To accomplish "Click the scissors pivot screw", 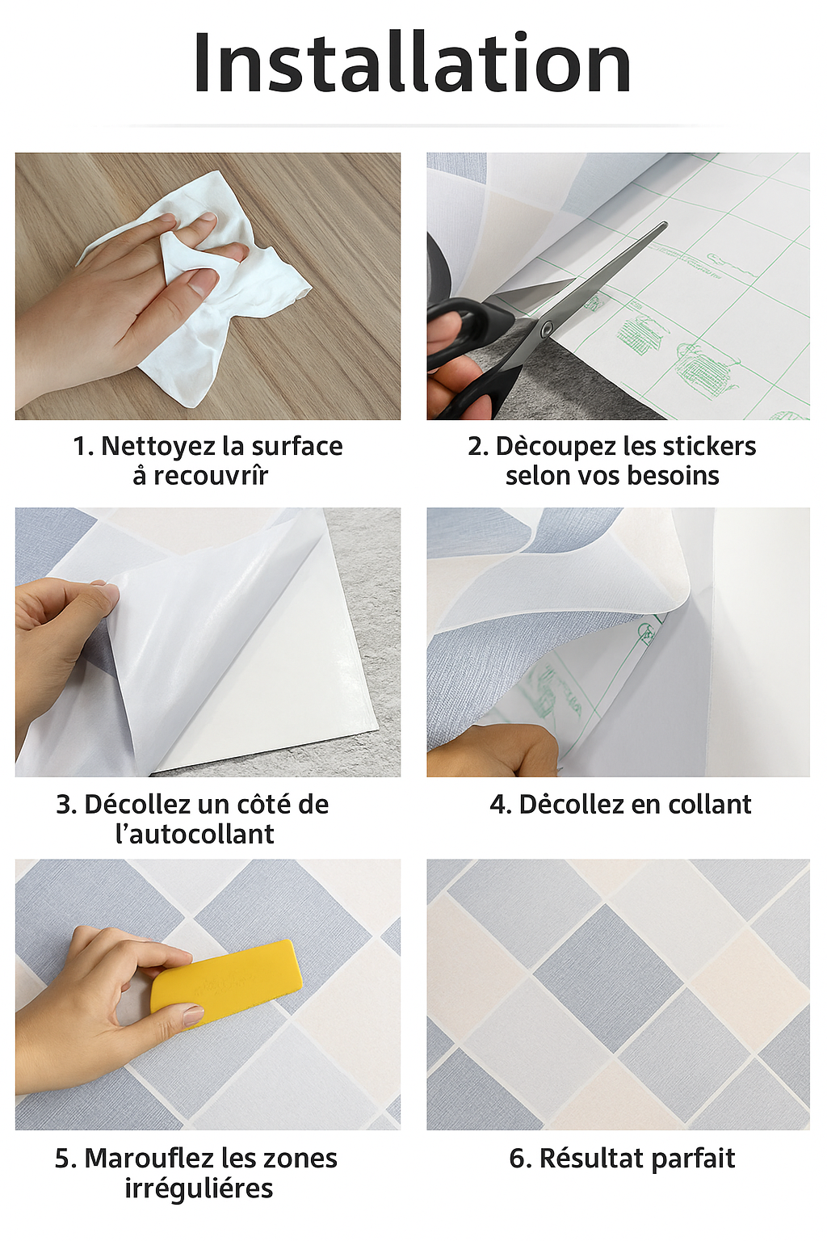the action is tap(548, 327).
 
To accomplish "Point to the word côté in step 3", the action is tap(264, 805).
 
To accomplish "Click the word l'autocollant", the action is tap(195, 834).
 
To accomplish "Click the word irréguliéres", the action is tap(199, 1188).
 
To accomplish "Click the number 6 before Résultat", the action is tap(517, 1159).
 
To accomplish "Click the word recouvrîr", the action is tap(211, 476).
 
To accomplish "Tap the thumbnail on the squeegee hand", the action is tap(193, 1015).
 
